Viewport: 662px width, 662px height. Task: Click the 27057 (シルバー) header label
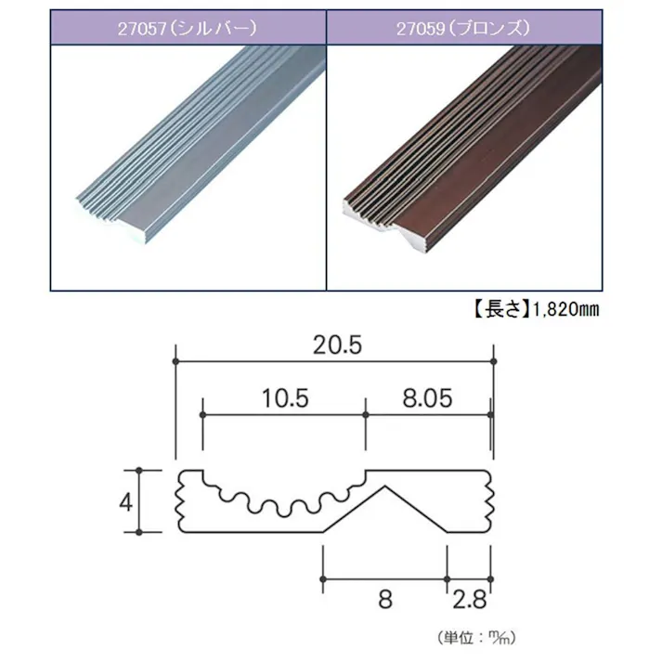click(187, 28)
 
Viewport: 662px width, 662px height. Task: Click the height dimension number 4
click(123, 502)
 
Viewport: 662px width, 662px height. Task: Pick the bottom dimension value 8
click(385, 599)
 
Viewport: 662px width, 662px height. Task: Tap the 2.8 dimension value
click(470, 599)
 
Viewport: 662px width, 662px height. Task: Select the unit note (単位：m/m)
click(474, 638)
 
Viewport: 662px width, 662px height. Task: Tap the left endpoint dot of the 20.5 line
click(176, 360)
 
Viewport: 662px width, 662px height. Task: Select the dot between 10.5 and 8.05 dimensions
click(366, 415)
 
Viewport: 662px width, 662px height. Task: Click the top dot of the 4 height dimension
click(139, 470)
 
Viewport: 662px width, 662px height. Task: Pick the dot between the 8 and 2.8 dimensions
click(448, 579)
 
